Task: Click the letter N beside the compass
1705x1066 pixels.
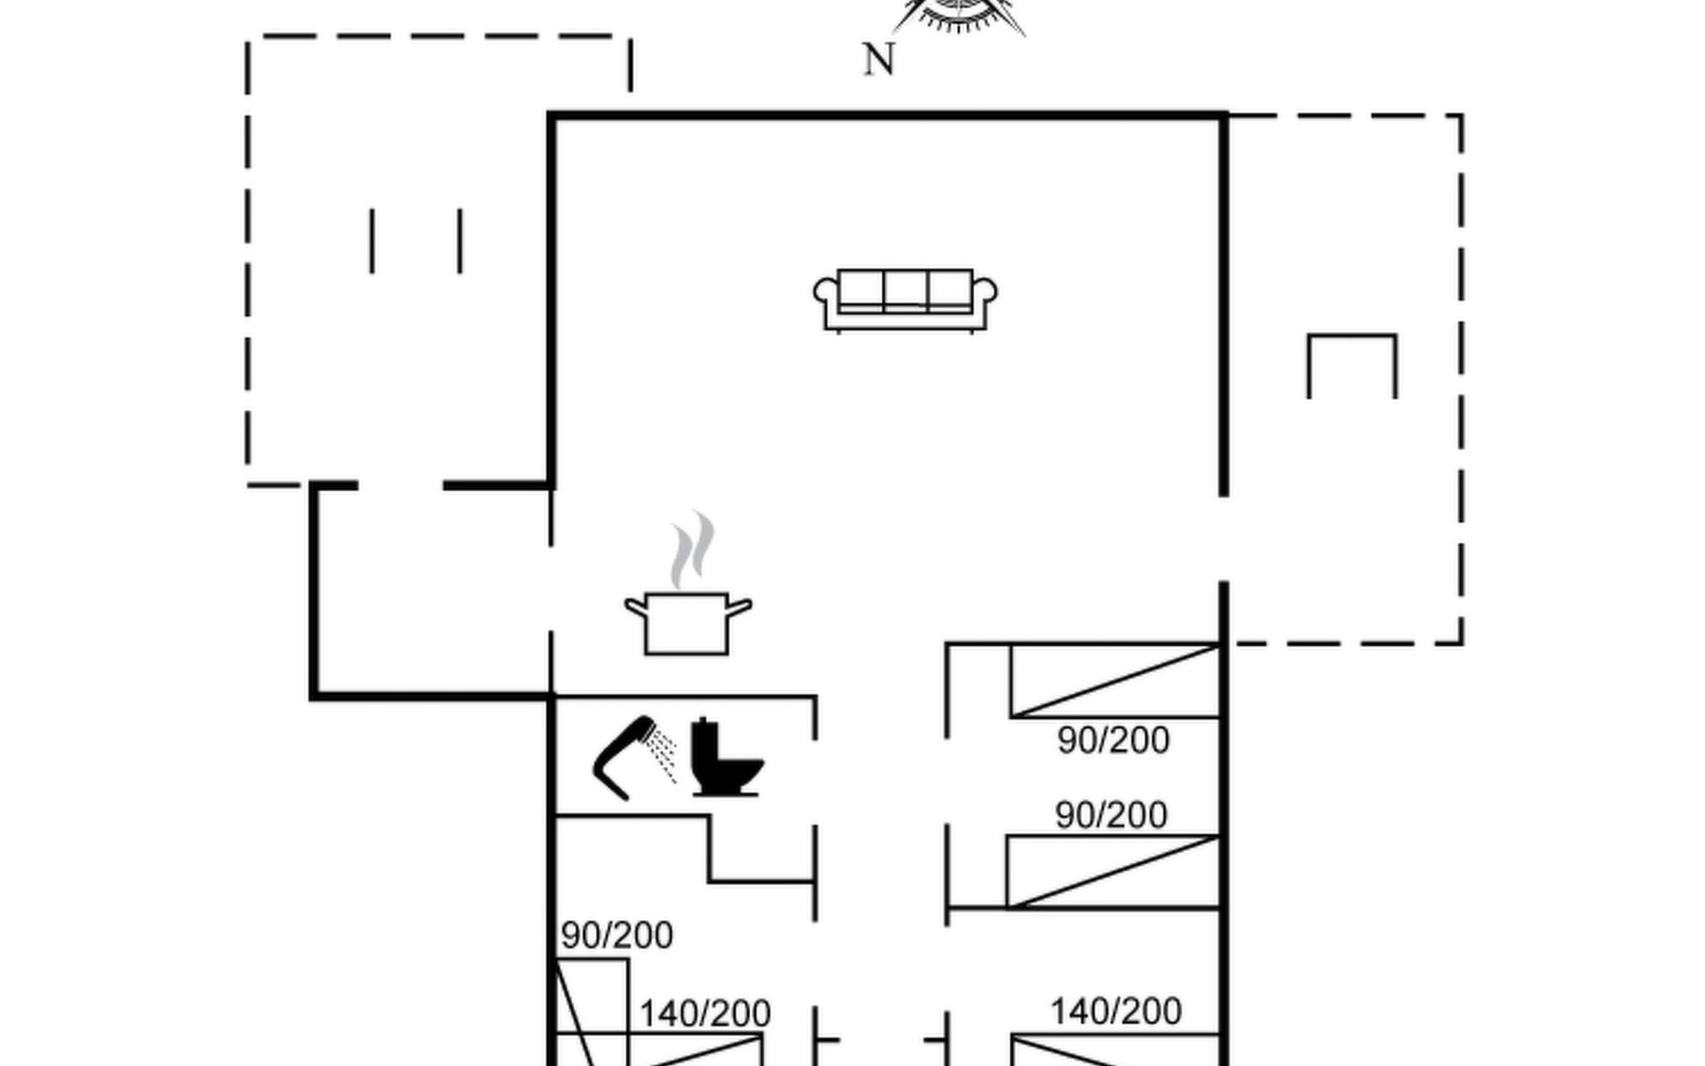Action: (879, 60)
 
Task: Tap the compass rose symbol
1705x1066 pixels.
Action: (959, 16)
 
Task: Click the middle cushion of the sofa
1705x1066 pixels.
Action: (906, 290)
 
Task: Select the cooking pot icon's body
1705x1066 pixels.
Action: (686, 624)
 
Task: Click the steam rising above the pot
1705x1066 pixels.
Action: (692, 551)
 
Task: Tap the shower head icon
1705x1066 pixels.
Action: (633, 758)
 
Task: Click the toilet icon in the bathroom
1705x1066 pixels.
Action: (726, 757)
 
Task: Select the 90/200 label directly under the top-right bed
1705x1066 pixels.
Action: (1114, 740)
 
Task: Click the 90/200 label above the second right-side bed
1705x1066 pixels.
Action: (1111, 815)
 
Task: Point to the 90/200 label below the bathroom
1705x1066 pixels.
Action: (617, 935)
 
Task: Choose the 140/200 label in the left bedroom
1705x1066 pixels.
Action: (705, 1013)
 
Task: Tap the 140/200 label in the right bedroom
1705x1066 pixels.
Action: (1116, 1011)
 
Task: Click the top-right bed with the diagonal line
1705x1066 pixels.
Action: (1114, 681)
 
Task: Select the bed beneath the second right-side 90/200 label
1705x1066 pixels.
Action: (1113, 871)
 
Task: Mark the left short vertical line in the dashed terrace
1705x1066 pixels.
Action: (372, 241)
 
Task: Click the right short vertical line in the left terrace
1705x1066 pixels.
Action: (460, 241)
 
